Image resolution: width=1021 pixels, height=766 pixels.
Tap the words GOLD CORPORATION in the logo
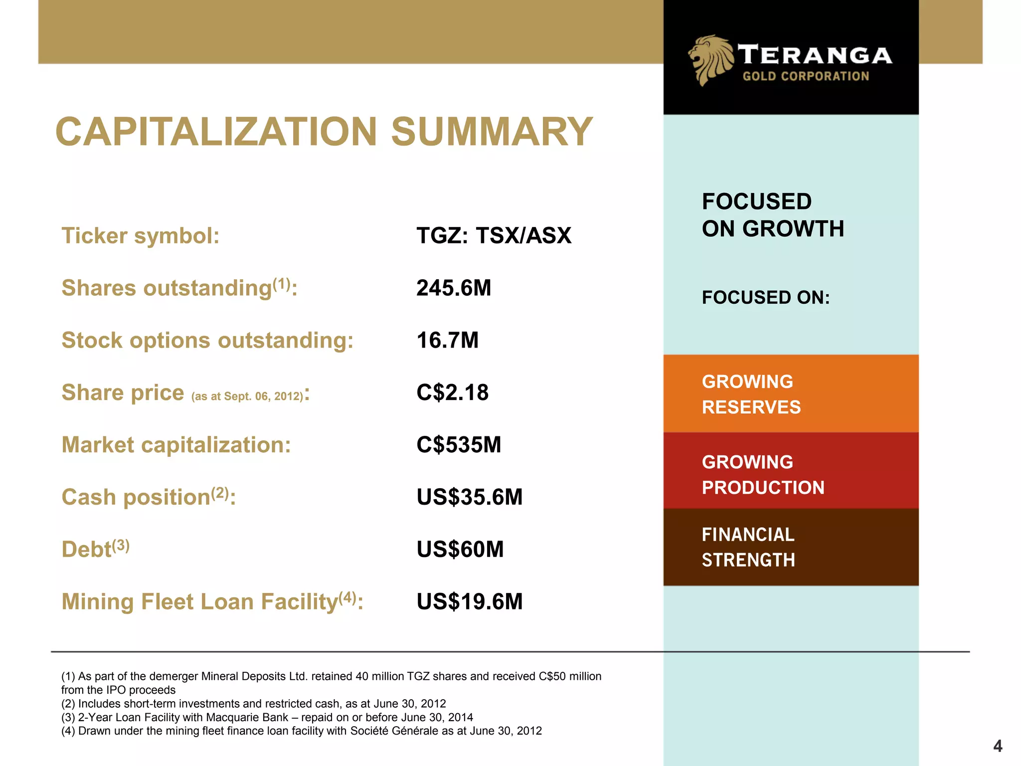[806, 76]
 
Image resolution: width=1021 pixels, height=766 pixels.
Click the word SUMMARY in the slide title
[492, 132]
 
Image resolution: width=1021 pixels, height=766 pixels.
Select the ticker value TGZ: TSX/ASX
[494, 235]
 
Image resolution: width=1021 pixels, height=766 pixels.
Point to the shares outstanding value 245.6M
[454, 288]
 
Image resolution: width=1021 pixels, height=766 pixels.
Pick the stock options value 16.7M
[447, 340]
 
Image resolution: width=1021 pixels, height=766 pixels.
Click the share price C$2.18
[452, 392]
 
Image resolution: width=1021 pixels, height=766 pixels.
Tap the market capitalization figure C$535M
[459, 445]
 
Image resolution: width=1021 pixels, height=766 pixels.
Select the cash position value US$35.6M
[469, 497]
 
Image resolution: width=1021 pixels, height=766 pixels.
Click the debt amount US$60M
[460, 549]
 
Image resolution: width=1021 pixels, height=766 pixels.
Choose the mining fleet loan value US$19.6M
[469, 601]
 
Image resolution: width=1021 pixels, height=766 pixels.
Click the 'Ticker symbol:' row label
[140, 235]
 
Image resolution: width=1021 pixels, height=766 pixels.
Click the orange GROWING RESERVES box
[791, 394]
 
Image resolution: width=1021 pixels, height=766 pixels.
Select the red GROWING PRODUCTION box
[791, 471]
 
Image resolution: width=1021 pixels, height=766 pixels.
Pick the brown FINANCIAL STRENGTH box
[791, 547]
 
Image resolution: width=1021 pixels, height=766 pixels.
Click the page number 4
[998, 746]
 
